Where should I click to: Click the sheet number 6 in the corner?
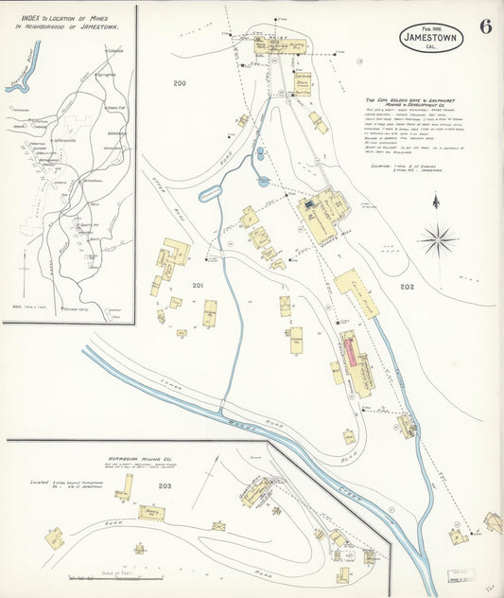[484, 26]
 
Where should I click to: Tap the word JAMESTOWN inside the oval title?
[431, 39]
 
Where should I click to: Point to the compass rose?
[437, 239]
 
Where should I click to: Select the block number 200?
[180, 83]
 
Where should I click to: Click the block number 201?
[198, 285]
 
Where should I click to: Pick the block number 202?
[408, 287]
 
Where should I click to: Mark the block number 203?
[165, 486]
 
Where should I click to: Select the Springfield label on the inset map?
[106, 74]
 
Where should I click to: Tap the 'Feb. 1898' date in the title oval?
[430, 27]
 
